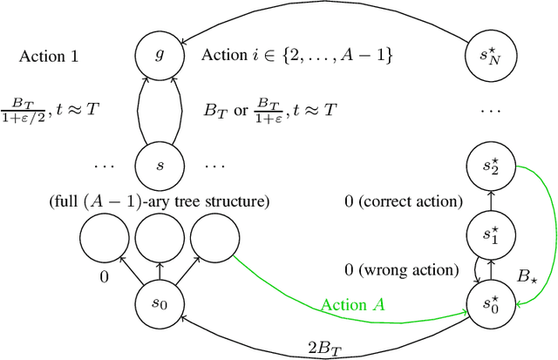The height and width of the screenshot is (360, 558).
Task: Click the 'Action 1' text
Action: [49, 58]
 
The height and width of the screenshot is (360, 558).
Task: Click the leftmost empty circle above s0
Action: [99, 236]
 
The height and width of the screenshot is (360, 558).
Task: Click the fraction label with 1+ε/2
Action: [54, 111]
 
